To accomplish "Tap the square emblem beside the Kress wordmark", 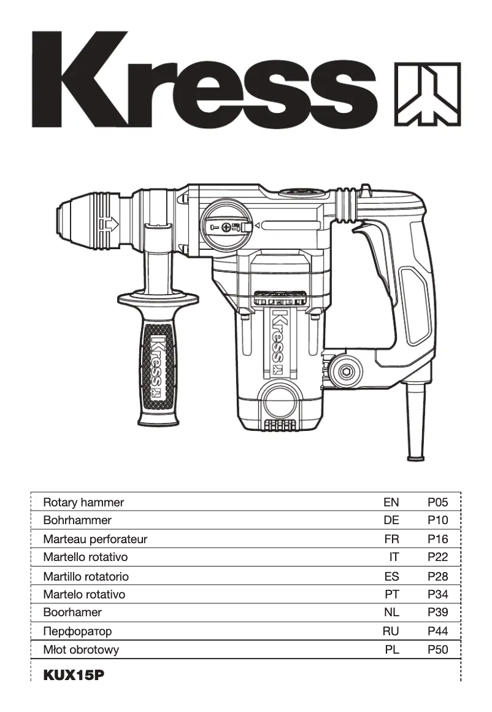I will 426,94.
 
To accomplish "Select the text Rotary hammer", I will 83,502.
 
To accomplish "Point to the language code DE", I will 391,520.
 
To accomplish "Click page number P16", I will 437,540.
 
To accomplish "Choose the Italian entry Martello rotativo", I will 85,557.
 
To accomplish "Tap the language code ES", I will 391,576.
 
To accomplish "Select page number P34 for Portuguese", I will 437,594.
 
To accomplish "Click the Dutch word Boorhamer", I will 72,613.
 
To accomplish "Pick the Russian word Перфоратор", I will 77,631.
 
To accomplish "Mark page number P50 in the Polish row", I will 437,649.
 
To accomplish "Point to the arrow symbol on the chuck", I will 110,225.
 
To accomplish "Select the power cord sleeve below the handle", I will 415,424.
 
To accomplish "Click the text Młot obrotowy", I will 81,649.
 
